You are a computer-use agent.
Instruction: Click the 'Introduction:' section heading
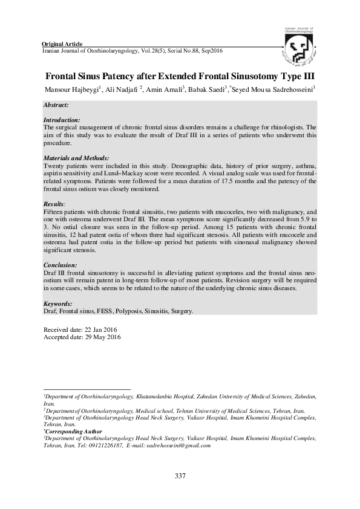62,120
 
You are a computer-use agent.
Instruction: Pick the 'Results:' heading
54,205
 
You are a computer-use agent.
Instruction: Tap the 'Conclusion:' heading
60,265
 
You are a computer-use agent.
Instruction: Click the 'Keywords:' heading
58,303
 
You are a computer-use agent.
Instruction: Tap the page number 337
180,476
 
